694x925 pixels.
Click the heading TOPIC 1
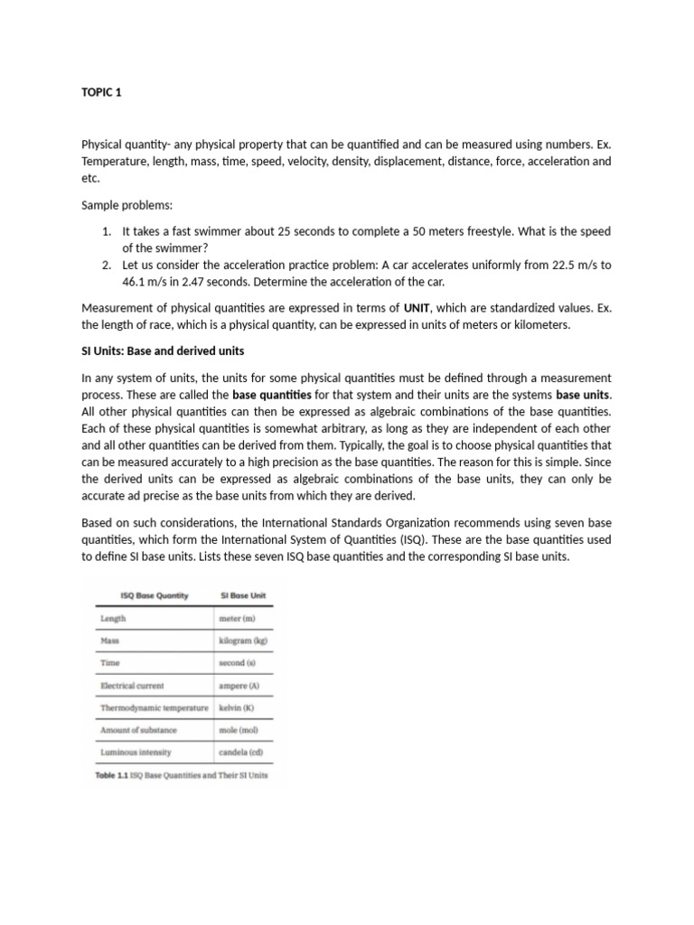101,91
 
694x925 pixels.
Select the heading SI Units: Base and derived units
163,350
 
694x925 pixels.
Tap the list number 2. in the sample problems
107,265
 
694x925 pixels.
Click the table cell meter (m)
239,619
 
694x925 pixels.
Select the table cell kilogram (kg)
243,640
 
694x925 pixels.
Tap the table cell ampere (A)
239,686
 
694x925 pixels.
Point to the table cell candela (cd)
241,752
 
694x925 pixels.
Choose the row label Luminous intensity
136,752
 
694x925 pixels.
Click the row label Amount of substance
138,729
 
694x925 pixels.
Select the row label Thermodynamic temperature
154,707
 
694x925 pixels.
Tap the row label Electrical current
132,686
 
